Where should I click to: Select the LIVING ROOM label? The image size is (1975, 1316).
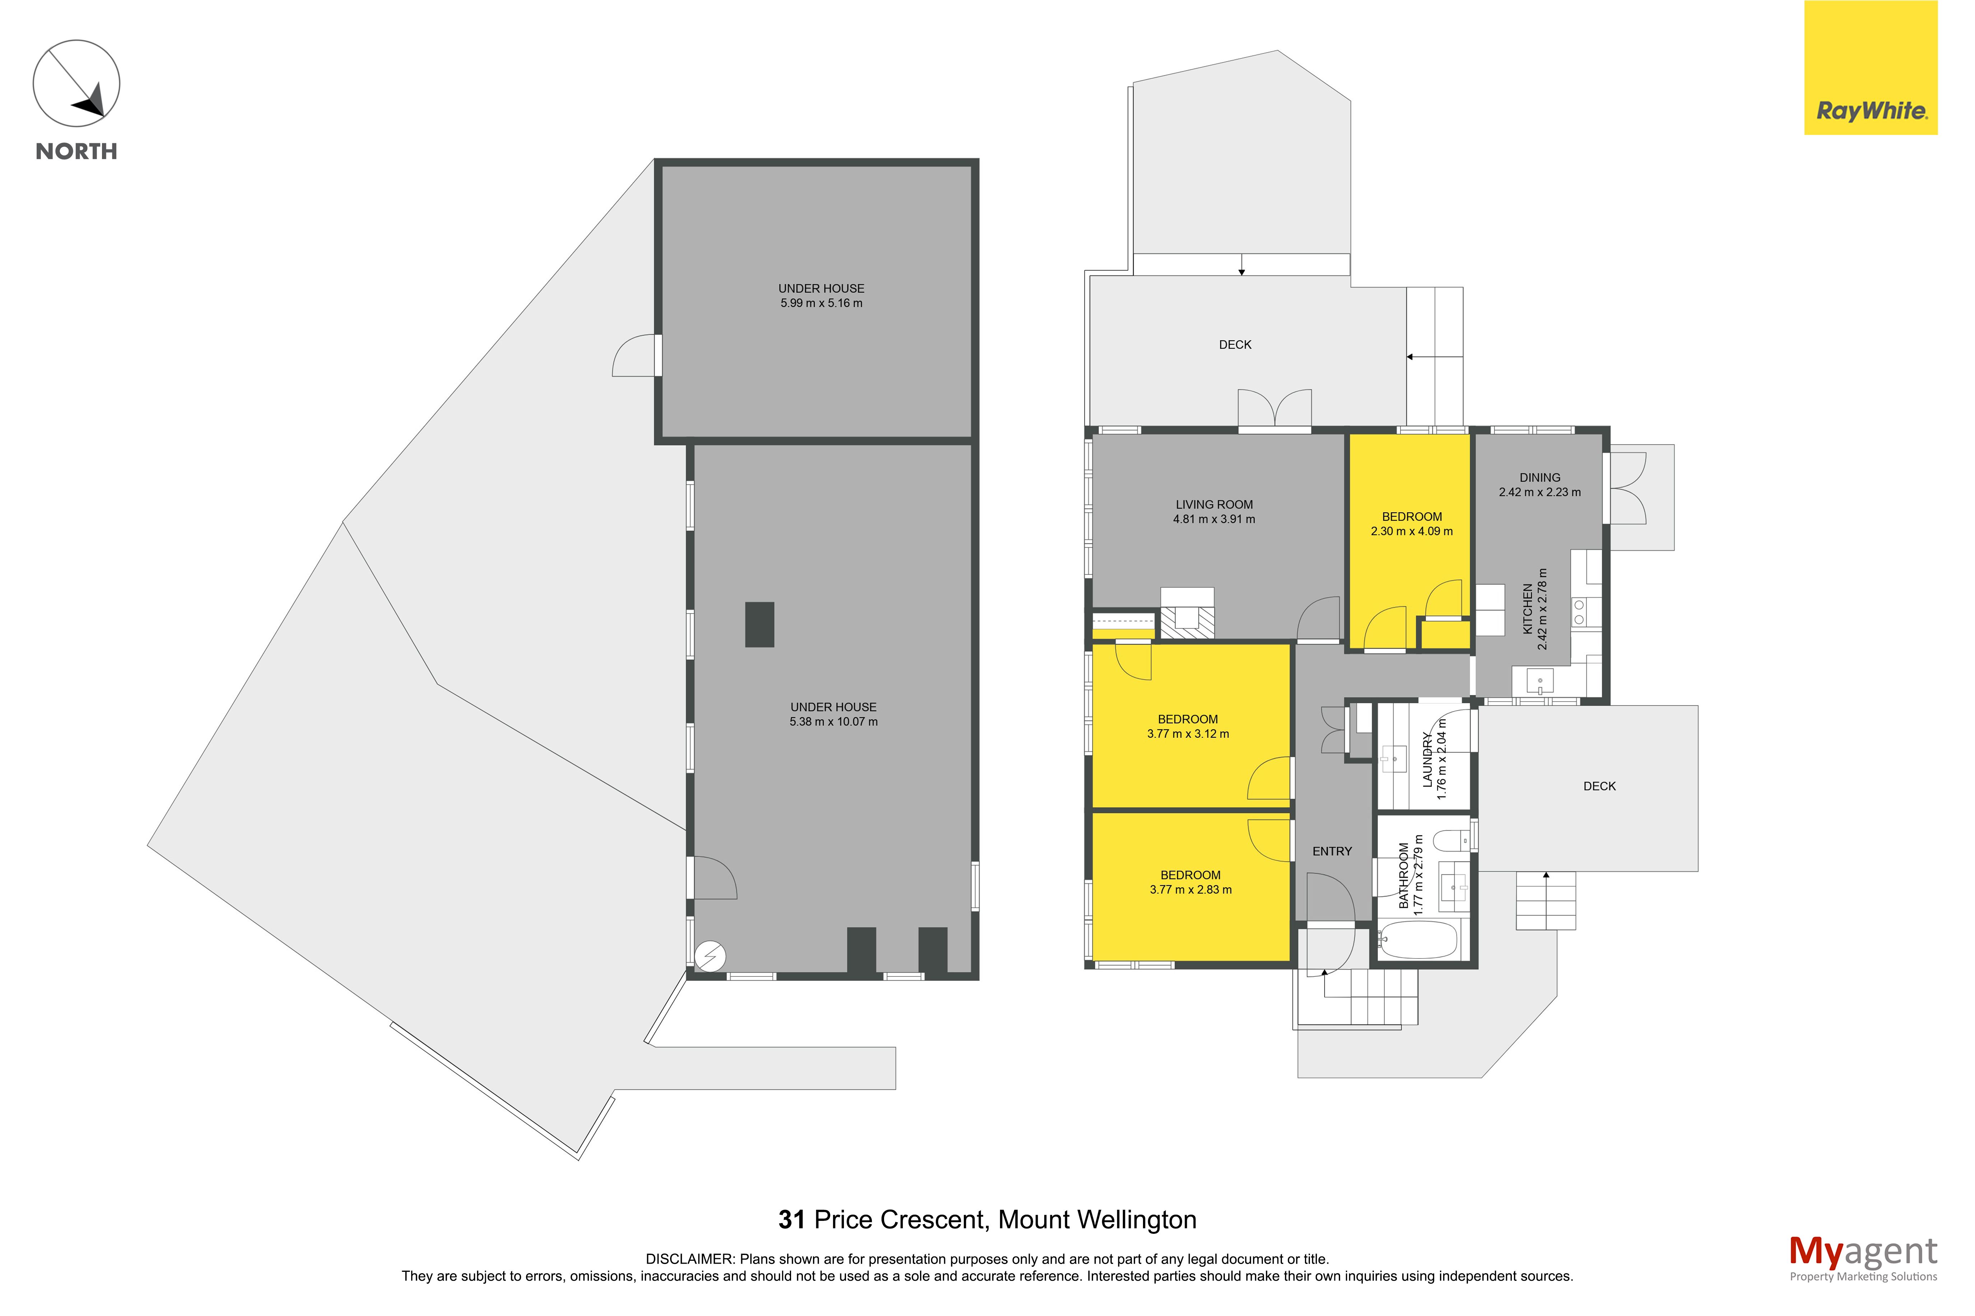(1214, 504)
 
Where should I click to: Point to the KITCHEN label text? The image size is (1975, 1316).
(1528, 609)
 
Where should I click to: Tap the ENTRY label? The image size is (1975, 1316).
(1332, 851)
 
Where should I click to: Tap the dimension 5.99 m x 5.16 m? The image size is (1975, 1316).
(821, 303)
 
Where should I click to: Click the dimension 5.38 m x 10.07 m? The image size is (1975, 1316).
(833, 722)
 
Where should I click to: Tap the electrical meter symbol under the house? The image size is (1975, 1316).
(710, 956)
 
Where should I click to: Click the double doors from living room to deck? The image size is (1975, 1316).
(1274, 410)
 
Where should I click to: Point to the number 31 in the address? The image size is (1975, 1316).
(791, 1219)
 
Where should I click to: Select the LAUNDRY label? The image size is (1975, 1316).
(1427, 760)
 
